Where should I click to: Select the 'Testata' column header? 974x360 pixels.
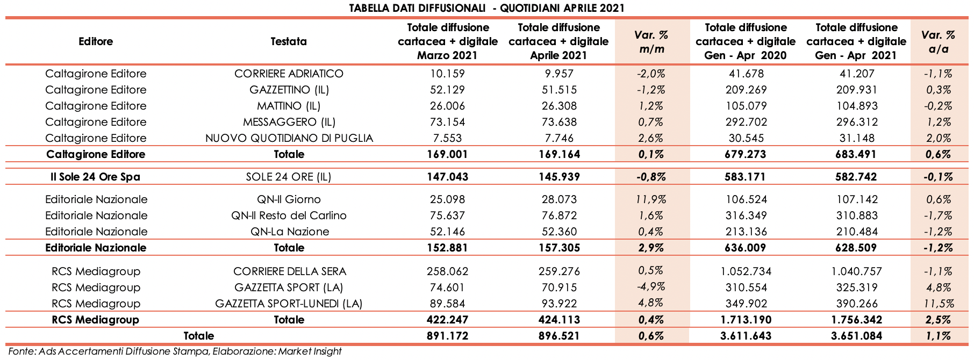289,41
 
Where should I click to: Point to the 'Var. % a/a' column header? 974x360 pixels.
938,42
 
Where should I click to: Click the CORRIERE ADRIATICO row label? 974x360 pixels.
289,74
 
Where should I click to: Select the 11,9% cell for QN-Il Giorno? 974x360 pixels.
651,199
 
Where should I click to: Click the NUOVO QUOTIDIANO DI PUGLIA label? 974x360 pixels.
289,138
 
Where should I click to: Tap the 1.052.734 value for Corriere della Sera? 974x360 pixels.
745,271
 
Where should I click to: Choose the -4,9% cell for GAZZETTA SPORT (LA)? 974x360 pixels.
651,287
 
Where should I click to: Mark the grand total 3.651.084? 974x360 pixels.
856,336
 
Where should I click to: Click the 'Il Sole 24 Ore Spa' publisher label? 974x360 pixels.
95,177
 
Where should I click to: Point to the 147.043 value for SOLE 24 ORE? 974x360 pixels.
443,177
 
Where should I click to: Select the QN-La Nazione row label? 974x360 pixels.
289,232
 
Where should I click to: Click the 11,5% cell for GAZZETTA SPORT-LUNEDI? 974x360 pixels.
938,304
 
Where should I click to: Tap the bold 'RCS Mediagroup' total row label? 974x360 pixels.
95,320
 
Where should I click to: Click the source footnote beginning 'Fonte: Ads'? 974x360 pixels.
175,351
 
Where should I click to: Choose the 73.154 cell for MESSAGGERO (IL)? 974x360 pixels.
443,122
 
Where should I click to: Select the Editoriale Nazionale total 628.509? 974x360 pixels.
856,248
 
